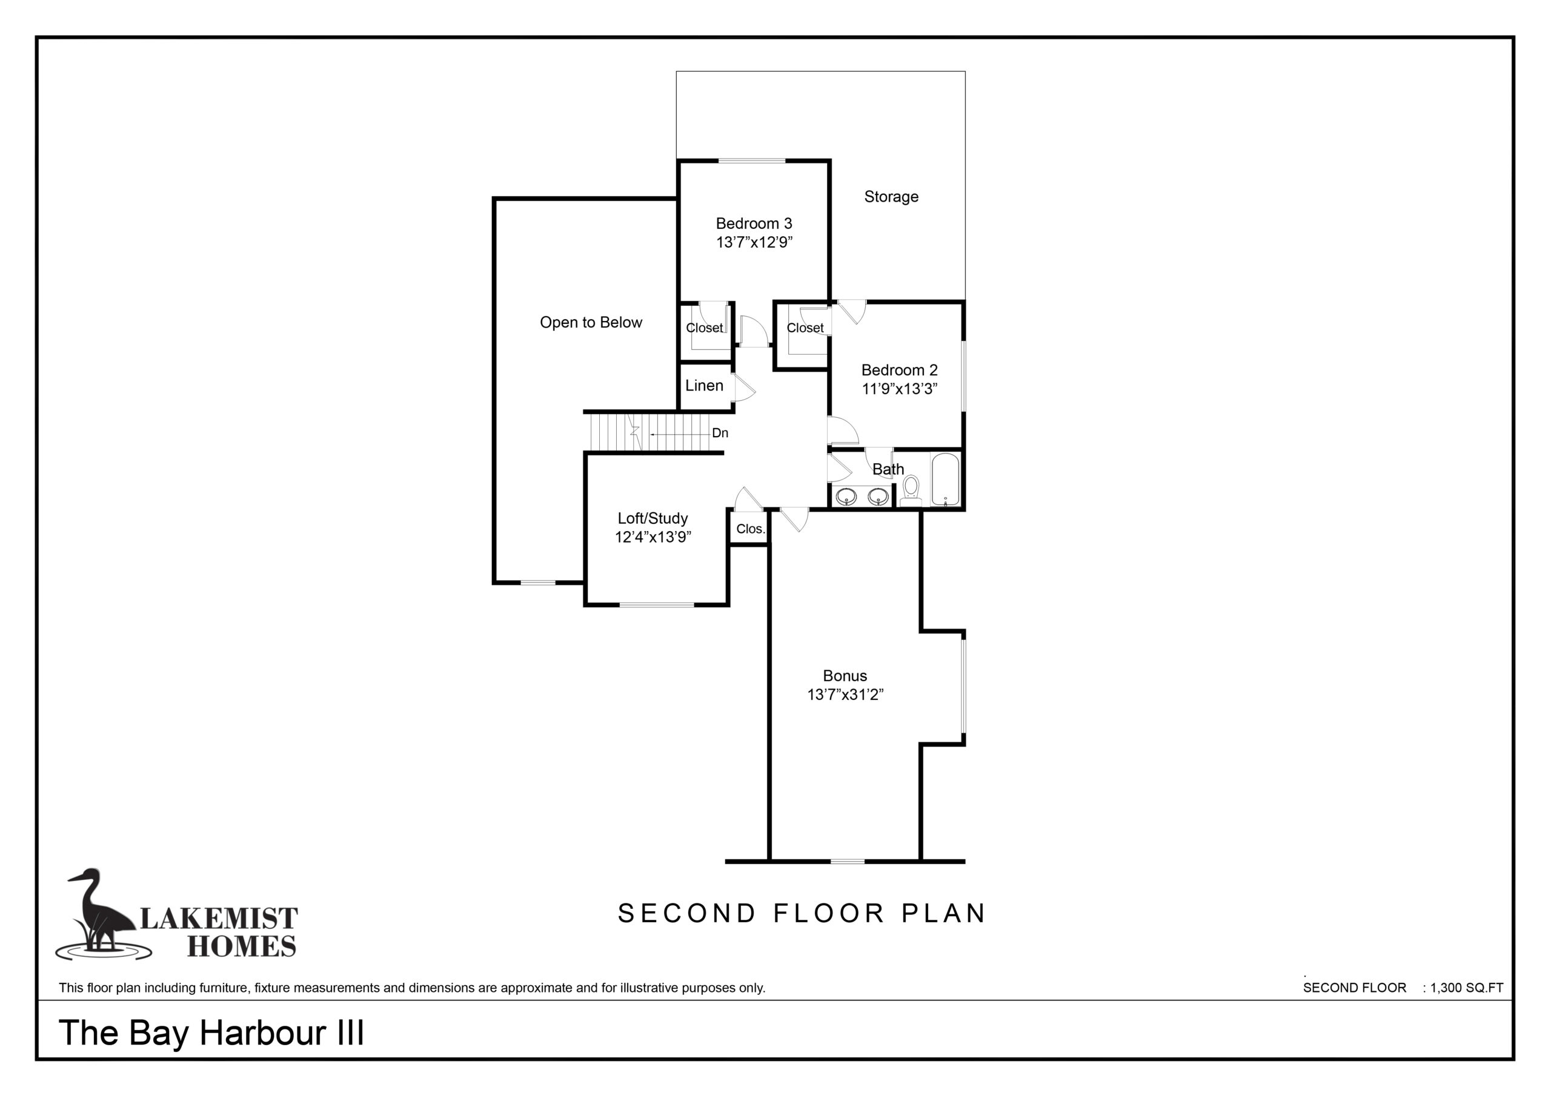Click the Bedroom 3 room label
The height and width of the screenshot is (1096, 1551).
(754, 223)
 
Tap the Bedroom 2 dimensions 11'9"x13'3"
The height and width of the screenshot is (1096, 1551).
(900, 389)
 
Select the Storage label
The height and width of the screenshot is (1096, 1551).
(891, 197)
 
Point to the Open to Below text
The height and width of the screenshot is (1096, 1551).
(591, 323)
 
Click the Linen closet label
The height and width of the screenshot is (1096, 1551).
(704, 386)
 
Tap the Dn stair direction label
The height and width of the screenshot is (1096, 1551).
(720, 433)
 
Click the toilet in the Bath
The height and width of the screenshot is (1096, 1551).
(911, 490)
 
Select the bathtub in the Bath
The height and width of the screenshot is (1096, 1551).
(946, 480)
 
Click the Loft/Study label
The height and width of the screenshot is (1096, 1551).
(653, 518)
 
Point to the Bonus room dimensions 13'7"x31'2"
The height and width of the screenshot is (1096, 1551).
(845, 695)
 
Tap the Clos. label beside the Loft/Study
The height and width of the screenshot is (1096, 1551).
(751, 529)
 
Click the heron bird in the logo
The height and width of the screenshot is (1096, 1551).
(101, 913)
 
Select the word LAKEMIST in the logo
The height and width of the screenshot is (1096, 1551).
(219, 919)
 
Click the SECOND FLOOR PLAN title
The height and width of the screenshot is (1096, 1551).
(802, 914)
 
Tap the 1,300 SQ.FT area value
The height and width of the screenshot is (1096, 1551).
(1467, 988)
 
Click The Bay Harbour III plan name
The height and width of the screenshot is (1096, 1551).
(211, 1033)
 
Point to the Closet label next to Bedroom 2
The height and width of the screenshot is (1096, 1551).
(805, 328)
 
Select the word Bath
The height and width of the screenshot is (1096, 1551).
(888, 469)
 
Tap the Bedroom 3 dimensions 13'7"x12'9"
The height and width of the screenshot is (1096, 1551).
(754, 242)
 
